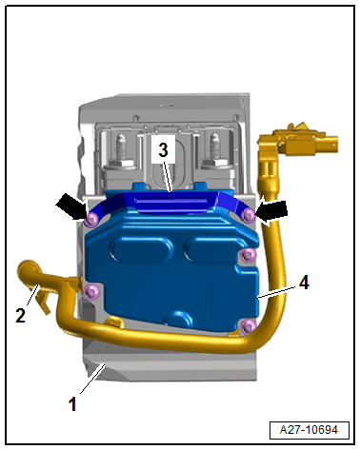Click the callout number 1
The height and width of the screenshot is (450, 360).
coord(72,404)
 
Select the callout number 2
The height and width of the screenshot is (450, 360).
coord(20,316)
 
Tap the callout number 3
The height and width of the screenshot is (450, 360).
coord(163,149)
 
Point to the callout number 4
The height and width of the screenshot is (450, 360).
coord(304,283)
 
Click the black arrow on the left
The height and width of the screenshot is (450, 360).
coord(71,207)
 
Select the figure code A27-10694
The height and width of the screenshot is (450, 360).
coord(309,430)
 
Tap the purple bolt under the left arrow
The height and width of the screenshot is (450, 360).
coord(91,219)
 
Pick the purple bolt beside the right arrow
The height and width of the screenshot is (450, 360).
coord(249,215)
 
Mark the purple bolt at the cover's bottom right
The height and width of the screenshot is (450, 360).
coord(248,325)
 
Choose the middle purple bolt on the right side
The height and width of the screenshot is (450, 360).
coord(248,254)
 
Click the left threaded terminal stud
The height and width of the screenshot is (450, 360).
coord(121,150)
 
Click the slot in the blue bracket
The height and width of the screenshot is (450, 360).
coord(172,200)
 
